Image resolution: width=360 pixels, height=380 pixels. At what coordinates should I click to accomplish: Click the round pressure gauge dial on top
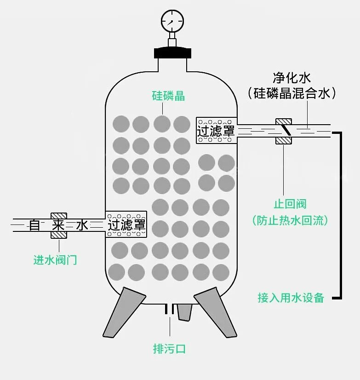(x=172, y=20)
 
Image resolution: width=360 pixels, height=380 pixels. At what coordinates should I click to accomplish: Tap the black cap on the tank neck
(x=172, y=52)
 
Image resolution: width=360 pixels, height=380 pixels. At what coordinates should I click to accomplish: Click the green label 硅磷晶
(x=168, y=96)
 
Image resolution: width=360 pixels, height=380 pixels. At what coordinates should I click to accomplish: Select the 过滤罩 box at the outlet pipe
(x=216, y=130)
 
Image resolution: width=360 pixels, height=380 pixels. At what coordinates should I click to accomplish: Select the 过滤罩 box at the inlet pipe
(x=126, y=224)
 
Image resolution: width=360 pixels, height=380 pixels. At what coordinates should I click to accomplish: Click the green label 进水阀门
(x=55, y=260)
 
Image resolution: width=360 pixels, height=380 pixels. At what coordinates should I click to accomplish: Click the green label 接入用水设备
(x=291, y=298)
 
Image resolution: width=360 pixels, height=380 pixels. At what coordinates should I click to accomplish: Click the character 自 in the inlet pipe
(x=34, y=225)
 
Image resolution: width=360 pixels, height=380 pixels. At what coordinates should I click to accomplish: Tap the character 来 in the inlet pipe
(x=58, y=225)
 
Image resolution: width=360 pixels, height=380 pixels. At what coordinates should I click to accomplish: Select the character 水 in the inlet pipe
(x=82, y=225)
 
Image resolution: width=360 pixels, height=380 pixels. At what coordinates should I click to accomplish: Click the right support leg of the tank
(x=216, y=313)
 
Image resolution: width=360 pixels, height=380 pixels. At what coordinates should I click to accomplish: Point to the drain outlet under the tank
(x=169, y=311)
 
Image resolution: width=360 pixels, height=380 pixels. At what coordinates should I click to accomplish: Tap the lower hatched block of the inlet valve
(x=58, y=235)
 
